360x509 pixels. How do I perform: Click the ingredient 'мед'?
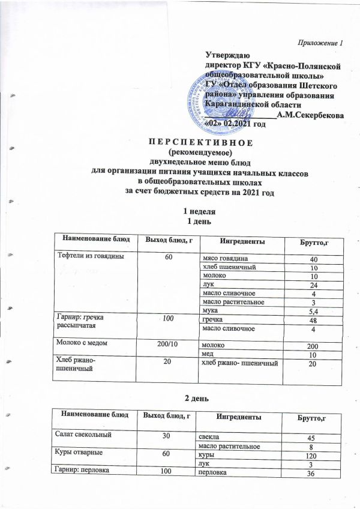[209, 356]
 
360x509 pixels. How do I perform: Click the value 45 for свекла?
[312, 438]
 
